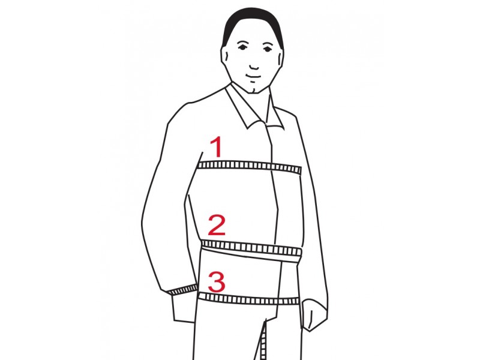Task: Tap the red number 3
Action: point(217,281)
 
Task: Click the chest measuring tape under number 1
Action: point(250,167)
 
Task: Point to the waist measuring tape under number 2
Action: point(251,248)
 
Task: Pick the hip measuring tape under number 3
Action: point(248,299)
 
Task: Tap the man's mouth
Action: point(253,76)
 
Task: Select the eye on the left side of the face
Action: point(243,47)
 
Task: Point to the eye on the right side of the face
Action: point(267,48)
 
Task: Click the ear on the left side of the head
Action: point(225,56)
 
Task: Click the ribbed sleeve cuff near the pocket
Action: point(183,290)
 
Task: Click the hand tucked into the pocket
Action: point(184,308)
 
